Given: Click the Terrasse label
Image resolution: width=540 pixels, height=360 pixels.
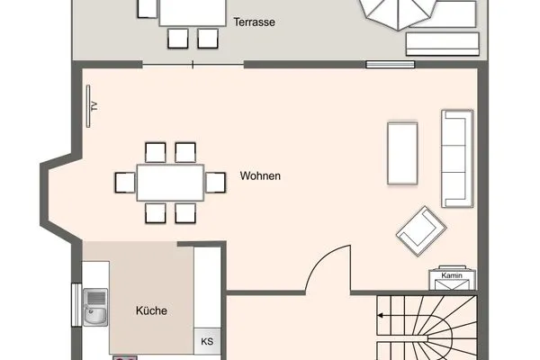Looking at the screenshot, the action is pyautogui.click(x=254, y=22).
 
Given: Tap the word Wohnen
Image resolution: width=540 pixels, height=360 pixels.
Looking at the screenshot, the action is pyautogui.click(x=260, y=175).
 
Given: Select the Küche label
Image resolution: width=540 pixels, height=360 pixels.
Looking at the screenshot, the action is pyautogui.click(x=151, y=310).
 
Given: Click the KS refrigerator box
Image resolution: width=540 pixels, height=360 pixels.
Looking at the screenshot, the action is pyautogui.click(x=207, y=341).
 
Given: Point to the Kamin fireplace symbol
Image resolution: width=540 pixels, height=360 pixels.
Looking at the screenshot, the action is pyautogui.click(x=452, y=278).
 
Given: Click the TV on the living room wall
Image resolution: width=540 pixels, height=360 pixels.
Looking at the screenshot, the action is pyautogui.click(x=88, y=106).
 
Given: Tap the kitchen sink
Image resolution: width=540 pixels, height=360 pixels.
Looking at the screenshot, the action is pyautogui.click(x=95, y=307).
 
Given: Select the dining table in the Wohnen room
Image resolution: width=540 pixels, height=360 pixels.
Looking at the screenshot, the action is pyautogui.click(x=170, y=183).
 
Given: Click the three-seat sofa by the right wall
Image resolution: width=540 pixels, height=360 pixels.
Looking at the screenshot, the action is pyautogui.click(x=457, y=158).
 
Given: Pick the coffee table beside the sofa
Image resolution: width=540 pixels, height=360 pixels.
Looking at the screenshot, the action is pyautogui.click(x=402, y=153).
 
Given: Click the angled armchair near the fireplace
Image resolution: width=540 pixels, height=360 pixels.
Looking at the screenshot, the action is pyautogui.click(x=421, y=231).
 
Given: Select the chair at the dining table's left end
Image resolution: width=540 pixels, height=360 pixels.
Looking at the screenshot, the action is pyautogui.click(x=125, y=183).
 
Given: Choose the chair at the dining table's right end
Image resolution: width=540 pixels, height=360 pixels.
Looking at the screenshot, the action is pyautogui.click(x=216, y=183).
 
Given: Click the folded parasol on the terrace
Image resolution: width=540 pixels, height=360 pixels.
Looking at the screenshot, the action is pyautogui.click(x=399, y=13).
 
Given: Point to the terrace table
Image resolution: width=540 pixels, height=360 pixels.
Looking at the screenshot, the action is pyautogui.click(x=193, y=13).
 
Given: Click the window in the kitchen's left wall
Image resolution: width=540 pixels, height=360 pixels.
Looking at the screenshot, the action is pyautogui.click(x=76, y=304).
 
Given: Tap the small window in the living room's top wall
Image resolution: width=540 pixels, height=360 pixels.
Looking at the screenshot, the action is pyautogui.click(x=391, y=65).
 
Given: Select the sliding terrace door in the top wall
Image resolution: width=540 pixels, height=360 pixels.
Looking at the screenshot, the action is pyautogui.click(x=193, y=65).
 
